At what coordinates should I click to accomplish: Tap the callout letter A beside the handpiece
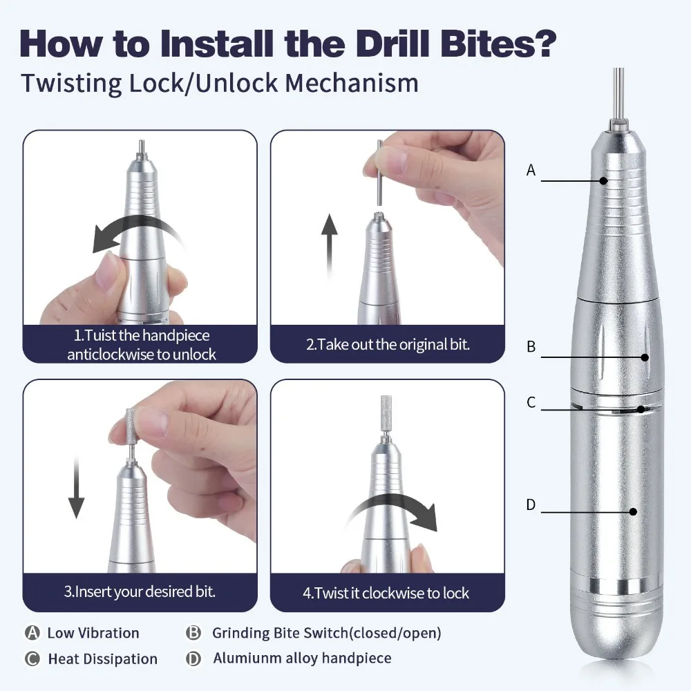pos(531,170)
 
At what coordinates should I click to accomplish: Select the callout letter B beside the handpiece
pos(531,347)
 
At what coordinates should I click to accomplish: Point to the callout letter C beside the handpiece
pos(531,402)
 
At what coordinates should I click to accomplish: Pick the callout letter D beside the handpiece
pos(531,505)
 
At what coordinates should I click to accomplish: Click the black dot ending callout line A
pos(603,181)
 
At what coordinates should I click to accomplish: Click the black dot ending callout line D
pos(632,512)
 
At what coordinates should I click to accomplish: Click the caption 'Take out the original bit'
pos(388,344)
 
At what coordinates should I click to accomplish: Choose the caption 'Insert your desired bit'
pos(140,591)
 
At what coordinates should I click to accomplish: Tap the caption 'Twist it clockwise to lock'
pos(387,593)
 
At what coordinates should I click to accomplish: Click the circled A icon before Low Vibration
pos(32,633)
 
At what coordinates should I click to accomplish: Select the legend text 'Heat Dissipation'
pos(102,659)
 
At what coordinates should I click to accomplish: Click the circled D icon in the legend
pos(193,659)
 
